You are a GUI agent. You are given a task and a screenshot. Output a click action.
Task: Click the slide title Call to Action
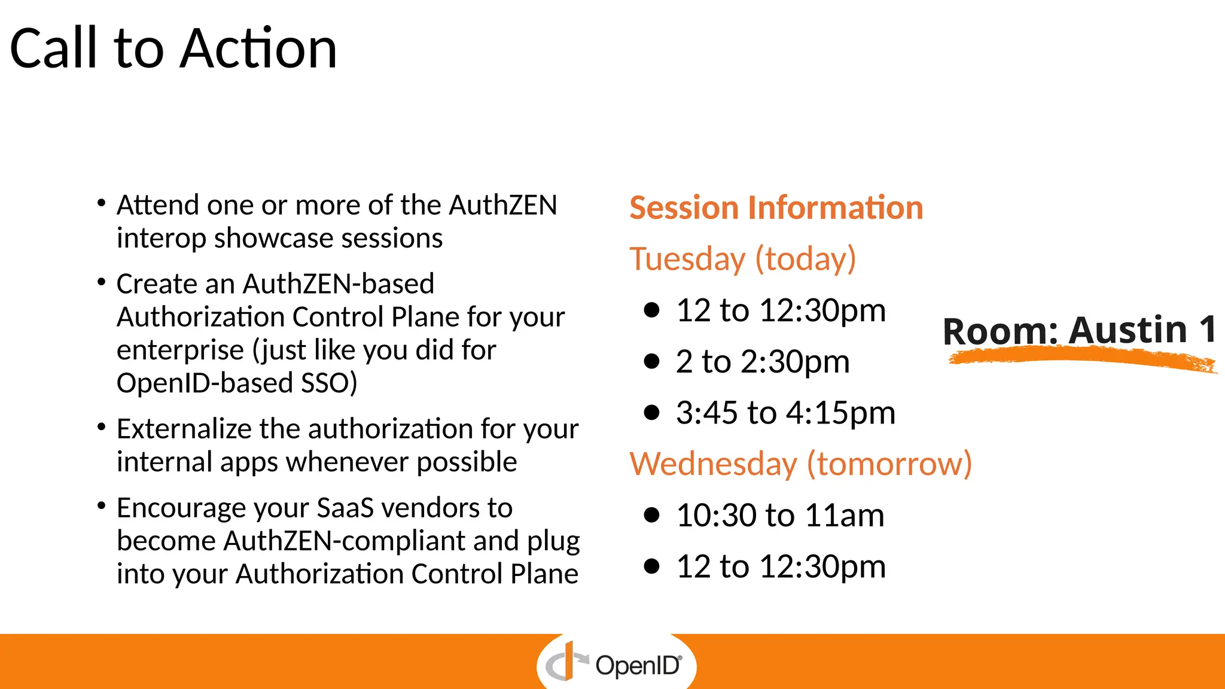coord(173,49)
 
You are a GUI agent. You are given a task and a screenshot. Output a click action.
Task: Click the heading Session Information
coord(776,208)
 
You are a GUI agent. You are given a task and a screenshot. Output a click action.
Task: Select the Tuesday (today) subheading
coord(742,260)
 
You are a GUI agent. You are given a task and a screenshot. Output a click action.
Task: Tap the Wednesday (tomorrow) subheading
coord(800,464)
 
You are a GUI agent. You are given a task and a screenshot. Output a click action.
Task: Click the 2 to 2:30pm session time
coord(762,362)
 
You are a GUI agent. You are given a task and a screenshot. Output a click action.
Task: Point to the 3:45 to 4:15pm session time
coord(785,413)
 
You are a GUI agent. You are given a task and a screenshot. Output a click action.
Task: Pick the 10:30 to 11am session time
coord(779,516)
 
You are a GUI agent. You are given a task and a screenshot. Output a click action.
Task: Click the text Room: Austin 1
coord(1079,330)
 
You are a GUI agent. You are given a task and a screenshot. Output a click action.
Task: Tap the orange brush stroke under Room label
coord(1083,359)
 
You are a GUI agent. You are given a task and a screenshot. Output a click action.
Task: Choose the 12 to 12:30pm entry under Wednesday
coord(780,567)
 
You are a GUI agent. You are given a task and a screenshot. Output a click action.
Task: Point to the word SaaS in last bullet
coord(345,508)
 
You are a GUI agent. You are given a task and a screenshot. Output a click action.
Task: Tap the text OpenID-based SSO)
coord(237,383)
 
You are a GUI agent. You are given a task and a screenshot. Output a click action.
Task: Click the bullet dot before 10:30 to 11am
coord(651,515)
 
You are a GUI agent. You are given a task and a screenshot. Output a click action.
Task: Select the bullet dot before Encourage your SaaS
coord(102,506)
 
